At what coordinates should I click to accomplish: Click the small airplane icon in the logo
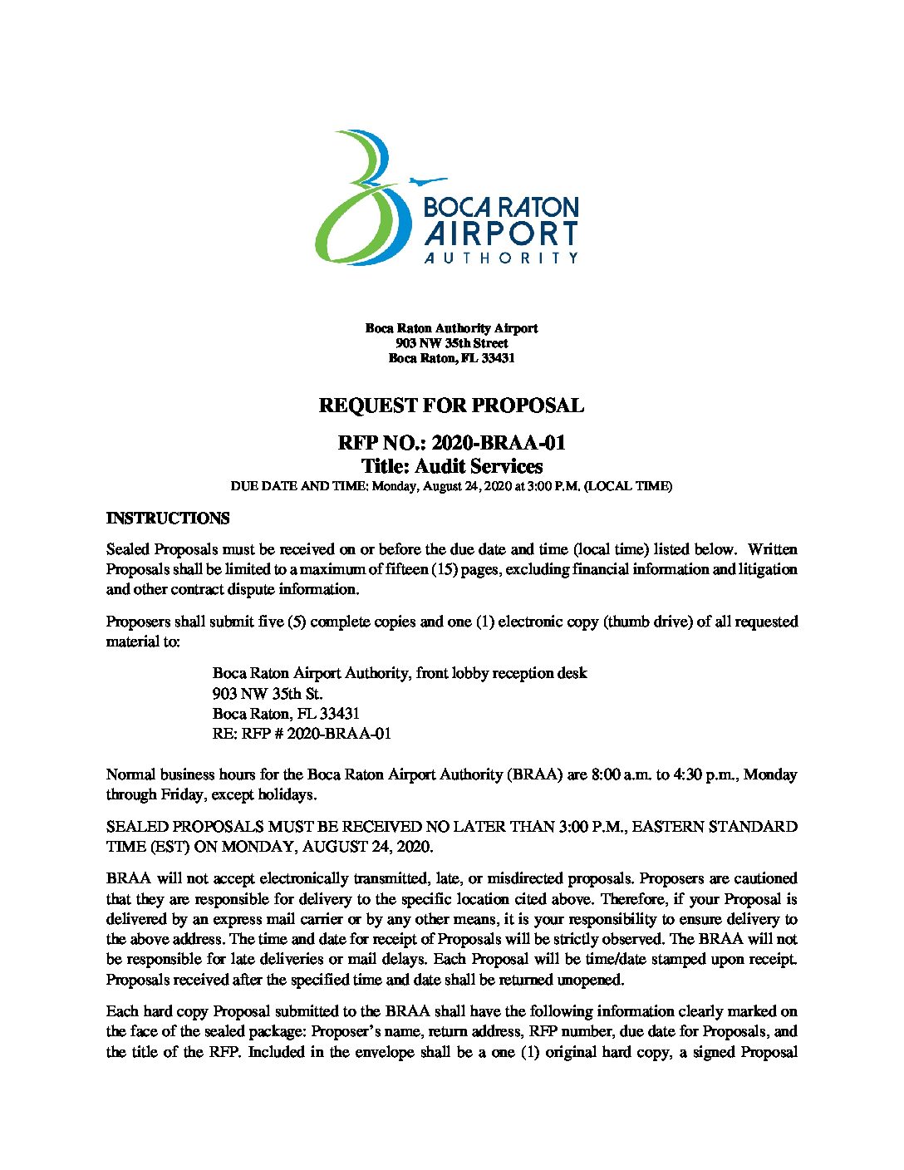[x=427, y=180]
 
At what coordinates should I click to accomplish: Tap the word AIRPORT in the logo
[x=501, y=234]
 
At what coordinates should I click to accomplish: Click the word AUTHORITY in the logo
[x=501, y=258]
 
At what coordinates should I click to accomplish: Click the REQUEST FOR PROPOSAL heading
[x=451, y=406]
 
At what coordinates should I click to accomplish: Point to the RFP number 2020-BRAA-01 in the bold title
[x=499, y=443]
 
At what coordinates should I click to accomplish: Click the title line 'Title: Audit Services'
[x=452, y=466]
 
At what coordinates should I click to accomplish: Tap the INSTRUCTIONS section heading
[x=168, y=519]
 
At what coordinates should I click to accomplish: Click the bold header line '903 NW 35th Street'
[x=452, y=343]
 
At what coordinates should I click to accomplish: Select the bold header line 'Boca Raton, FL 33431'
[x=452, y=358]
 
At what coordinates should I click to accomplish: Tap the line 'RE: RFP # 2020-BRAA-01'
[x=302, y=734]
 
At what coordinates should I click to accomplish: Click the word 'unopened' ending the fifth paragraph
[x=591, y=980]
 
